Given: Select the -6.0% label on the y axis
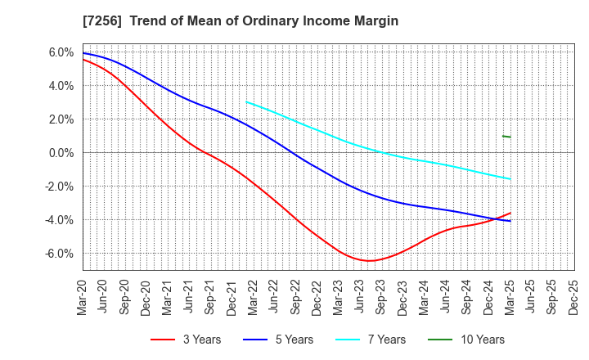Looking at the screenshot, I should [59, 254].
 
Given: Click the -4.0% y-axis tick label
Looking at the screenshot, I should [59, 220].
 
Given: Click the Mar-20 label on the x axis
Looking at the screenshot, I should [83, 295].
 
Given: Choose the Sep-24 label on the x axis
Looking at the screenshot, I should [465, 295].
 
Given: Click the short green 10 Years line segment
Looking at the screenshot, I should [506, 137].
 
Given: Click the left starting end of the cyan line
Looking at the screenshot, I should [246, 102].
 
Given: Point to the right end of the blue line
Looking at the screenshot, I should [510, 221].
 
